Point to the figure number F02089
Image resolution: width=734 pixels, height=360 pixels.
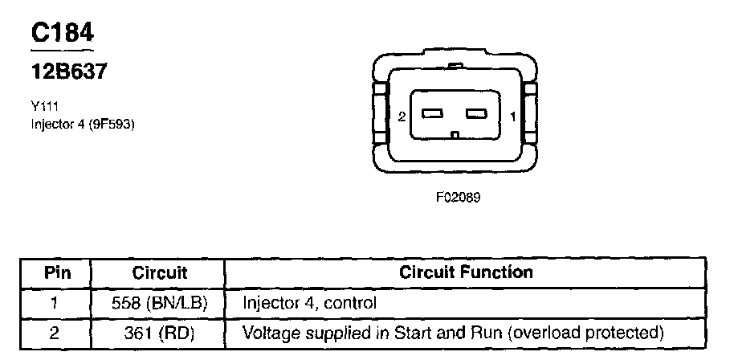tap(458, 196)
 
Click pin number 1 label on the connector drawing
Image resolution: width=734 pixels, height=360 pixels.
tap(512, 117)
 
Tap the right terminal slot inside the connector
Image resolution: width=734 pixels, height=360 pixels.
tap(478, 113)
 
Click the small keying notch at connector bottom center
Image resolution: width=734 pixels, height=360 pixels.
tap(455, 135)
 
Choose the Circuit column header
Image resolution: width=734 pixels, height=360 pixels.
tap(159, 272)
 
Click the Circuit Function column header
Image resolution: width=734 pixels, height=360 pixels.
tap(466, 272)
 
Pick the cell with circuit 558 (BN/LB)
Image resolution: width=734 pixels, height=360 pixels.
tap(158, 304)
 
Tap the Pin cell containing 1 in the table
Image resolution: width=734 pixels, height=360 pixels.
tap(57, 304)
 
